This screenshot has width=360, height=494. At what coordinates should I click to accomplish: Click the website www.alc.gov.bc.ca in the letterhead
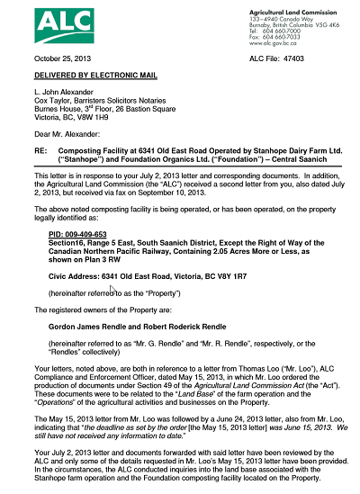(273, 42)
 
